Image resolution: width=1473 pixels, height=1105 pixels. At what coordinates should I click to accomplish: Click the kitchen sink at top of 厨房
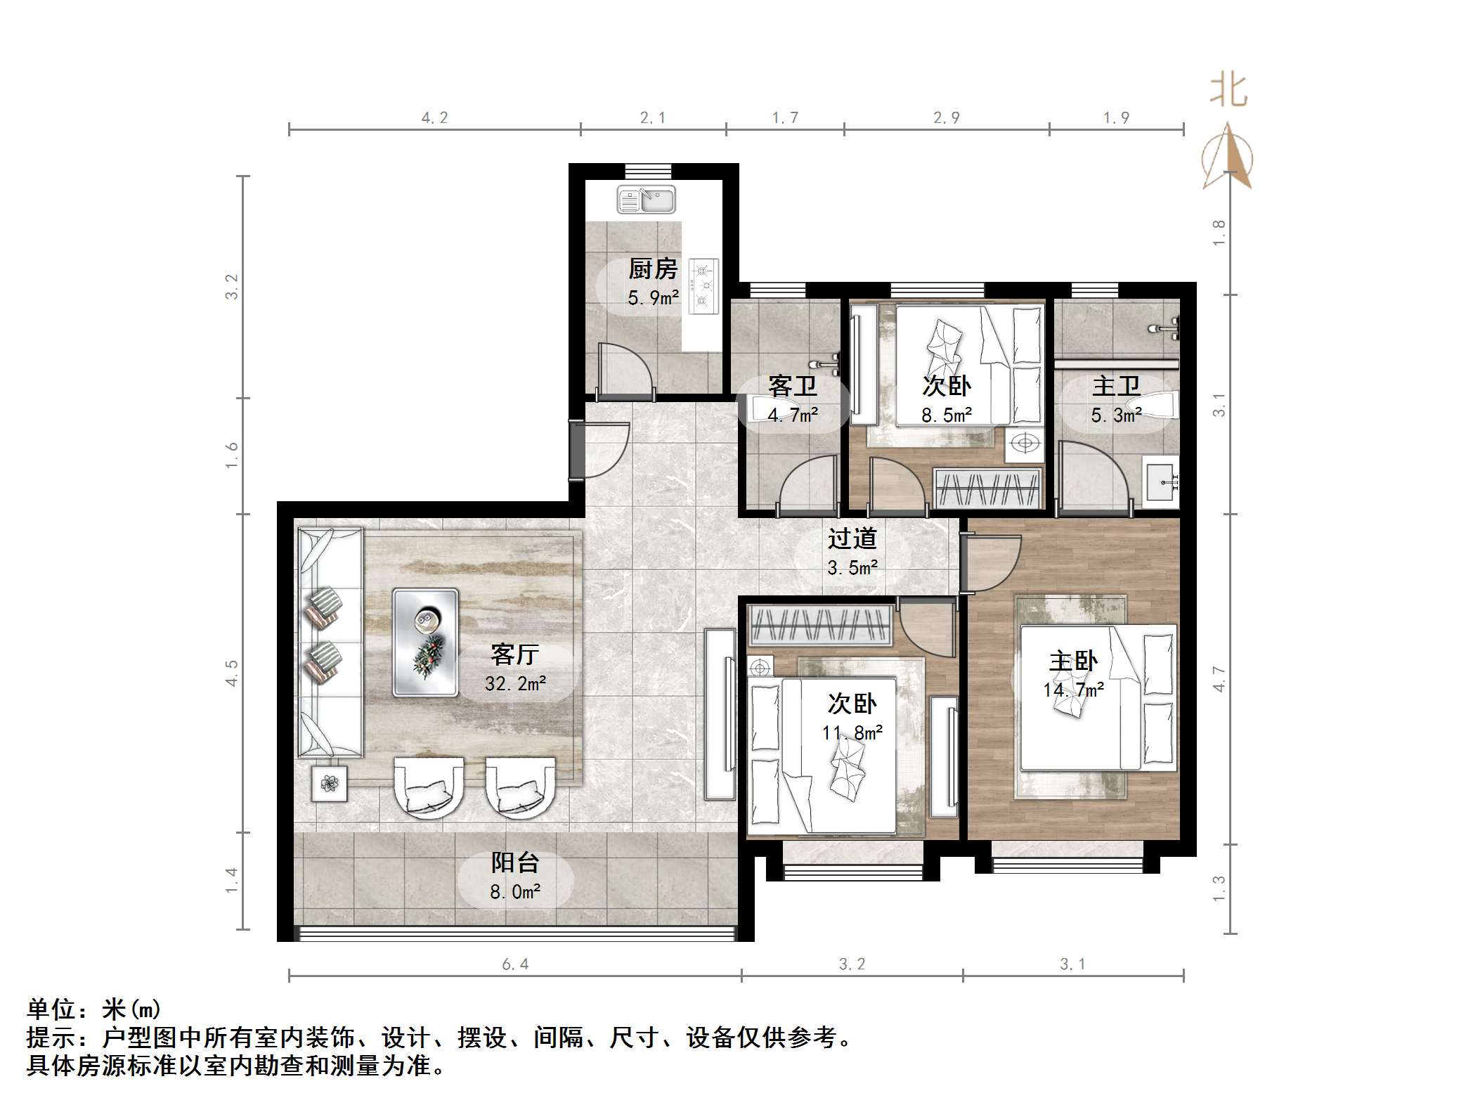[646, 200]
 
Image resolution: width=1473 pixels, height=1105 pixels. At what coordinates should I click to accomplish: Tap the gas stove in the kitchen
[703, 285]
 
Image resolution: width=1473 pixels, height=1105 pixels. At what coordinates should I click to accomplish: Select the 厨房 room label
[653, 269]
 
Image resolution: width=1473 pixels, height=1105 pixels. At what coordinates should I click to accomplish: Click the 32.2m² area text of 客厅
[515, 683]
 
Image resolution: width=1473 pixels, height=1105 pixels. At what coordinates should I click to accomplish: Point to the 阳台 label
[515, 862]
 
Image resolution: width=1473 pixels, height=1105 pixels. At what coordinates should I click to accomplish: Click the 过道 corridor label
[852, 538]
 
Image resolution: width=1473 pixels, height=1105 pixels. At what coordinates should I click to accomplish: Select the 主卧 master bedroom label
[1073, 661]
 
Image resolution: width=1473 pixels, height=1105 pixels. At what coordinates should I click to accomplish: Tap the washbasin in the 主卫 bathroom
[1162, 482]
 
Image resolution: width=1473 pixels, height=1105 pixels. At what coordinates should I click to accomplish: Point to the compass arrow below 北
[1227, 157]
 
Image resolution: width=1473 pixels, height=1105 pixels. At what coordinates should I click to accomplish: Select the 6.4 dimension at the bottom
[515, 964]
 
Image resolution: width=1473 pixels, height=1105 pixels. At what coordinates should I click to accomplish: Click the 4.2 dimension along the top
[434, 118]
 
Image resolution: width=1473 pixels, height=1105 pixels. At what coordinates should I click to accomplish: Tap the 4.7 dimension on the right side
[1219, 679]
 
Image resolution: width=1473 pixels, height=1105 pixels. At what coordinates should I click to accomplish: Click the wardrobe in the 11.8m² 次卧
[821, 626]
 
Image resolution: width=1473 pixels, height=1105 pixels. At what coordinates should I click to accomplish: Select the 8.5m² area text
[947, 415]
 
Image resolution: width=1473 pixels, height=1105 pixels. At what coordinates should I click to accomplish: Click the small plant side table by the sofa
[330, 782]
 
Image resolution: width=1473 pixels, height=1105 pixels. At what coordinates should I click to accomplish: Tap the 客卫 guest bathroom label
[793, 387]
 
